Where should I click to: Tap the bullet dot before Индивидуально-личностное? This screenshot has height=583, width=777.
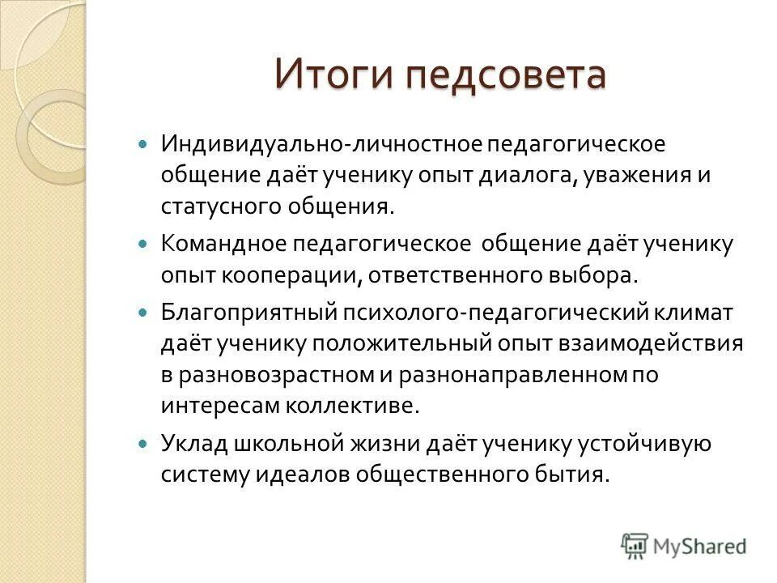144,143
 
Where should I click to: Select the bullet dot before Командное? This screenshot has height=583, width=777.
144,243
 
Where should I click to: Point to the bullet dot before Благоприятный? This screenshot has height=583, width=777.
144,311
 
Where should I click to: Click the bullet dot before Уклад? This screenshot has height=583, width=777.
144,444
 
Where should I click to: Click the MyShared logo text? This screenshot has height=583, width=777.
698,544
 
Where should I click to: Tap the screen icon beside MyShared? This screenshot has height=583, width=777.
635,544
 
